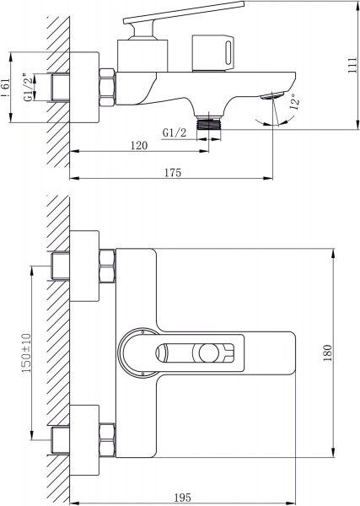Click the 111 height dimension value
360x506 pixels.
(x=352, y=66)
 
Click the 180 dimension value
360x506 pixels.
(x=329, y=353)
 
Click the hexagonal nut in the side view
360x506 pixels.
(x=107, y=84)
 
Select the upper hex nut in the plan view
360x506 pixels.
(x=107, y=267)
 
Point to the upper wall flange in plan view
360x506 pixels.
(x=83, y=267)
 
